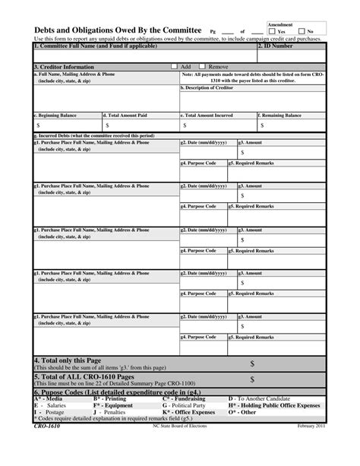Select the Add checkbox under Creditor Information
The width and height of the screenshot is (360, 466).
coord(175,66)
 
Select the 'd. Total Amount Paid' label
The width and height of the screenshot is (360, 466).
coord(125,115)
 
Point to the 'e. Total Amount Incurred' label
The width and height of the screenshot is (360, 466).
coord(207,115)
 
